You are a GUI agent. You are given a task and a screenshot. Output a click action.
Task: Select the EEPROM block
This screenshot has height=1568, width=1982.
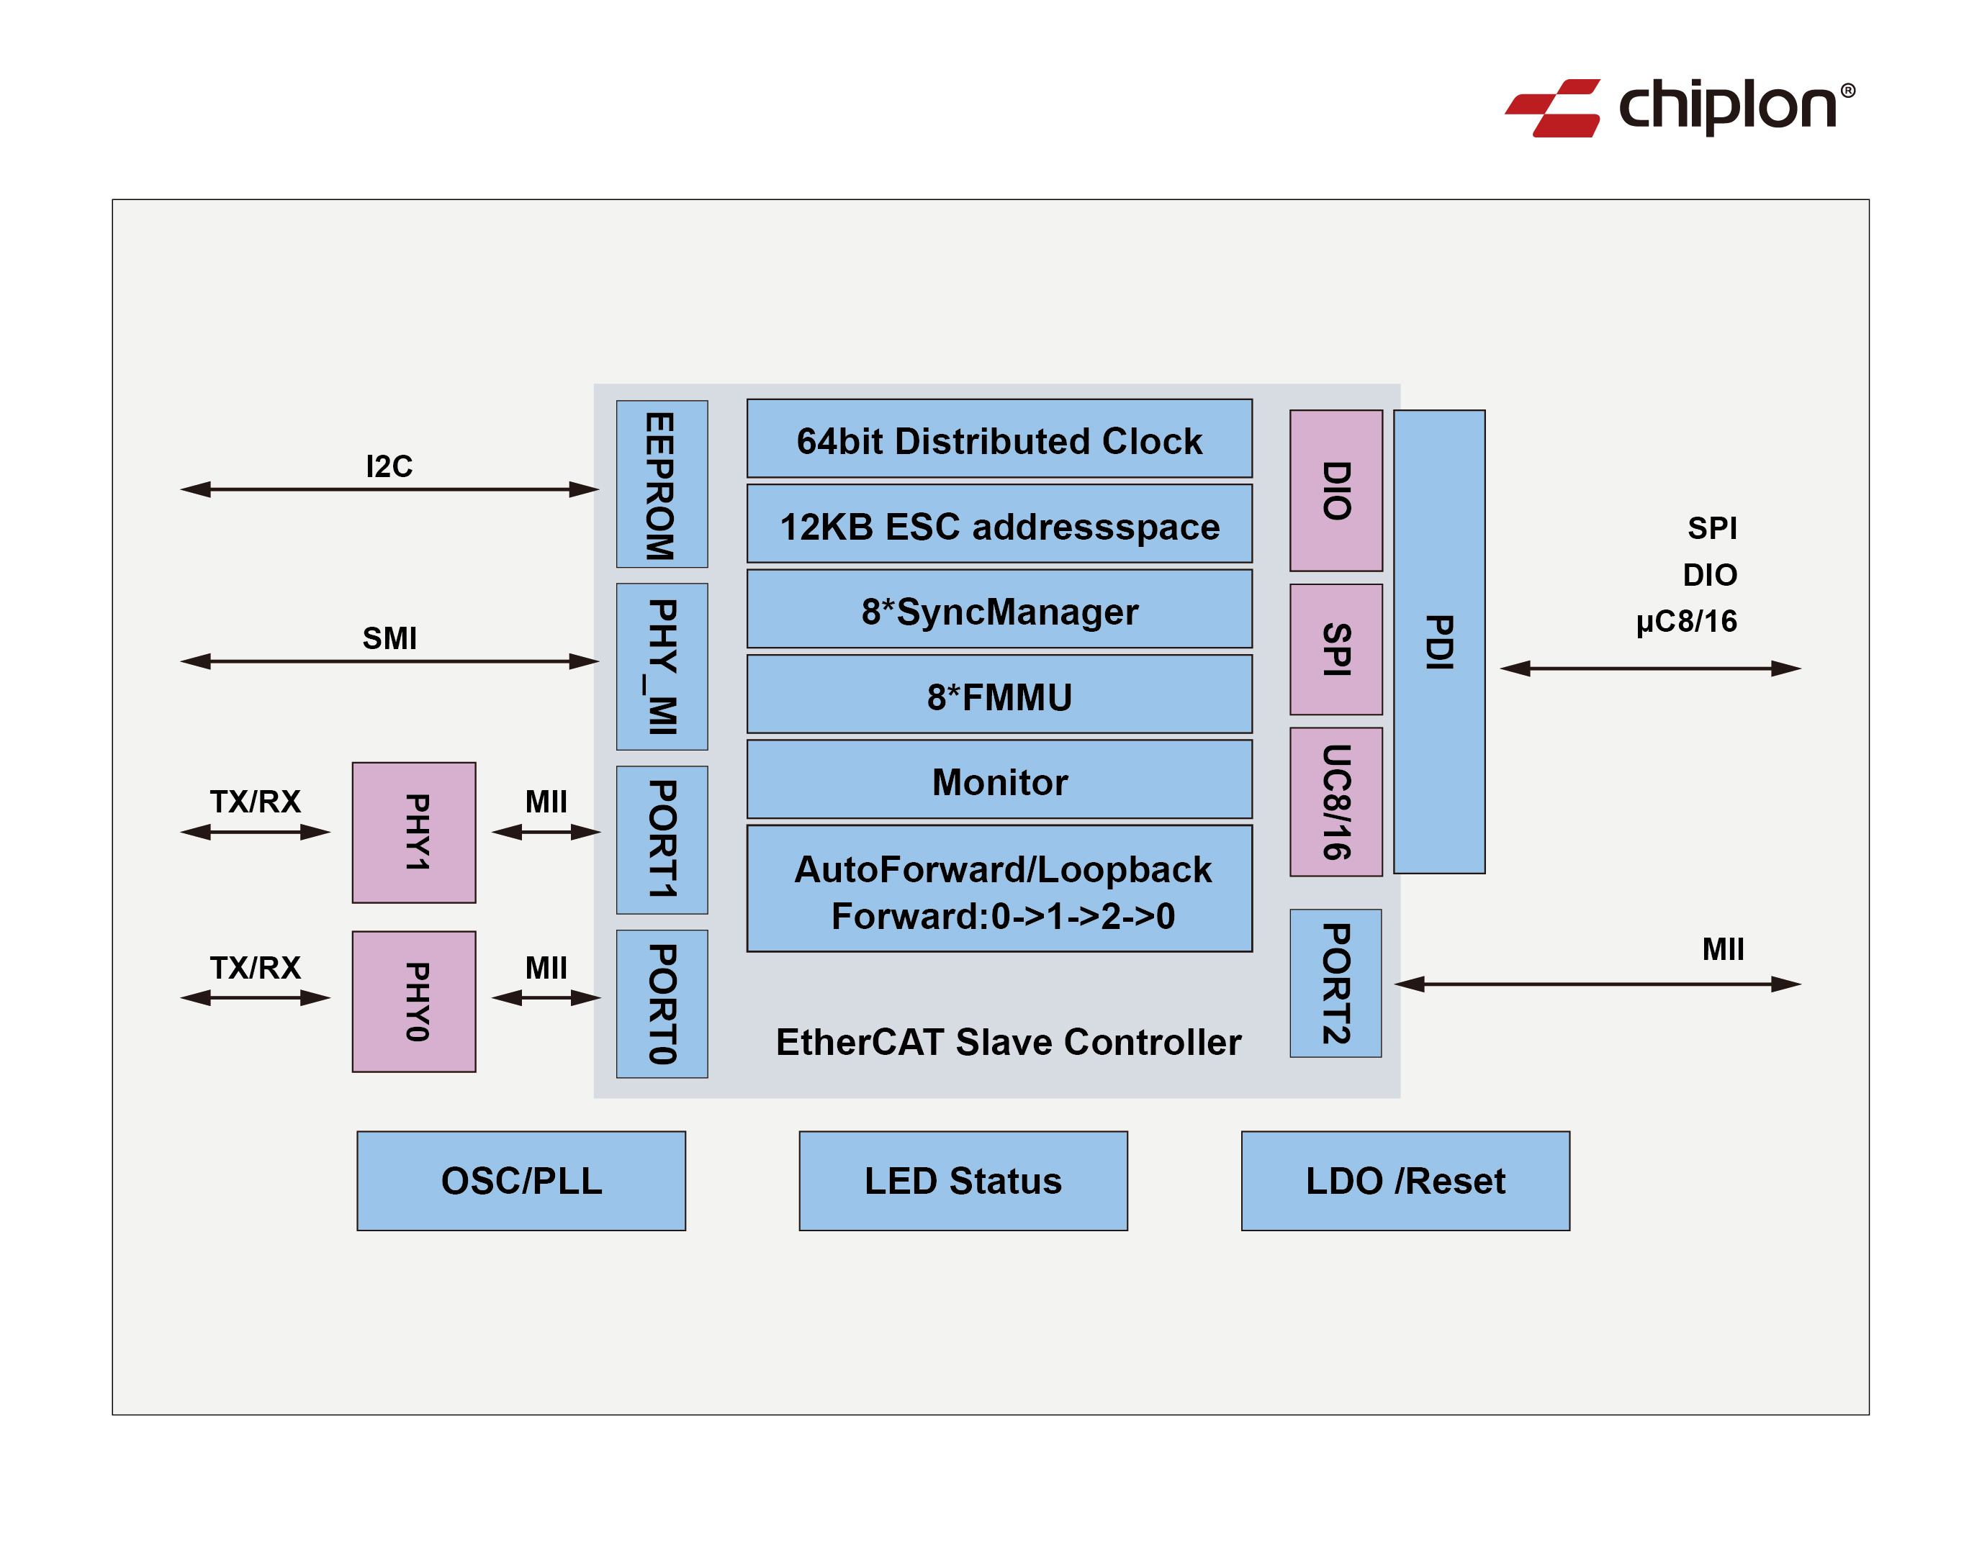(662, 484)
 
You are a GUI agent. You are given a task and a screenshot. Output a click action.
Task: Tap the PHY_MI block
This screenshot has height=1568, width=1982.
(662, 666)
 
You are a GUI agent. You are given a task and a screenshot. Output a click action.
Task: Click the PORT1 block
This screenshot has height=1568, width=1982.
(662, 839)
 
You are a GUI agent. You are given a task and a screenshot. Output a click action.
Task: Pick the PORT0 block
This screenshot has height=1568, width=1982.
(662, 1003)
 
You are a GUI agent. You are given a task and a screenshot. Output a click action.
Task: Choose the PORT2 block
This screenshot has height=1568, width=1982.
(1335, 983)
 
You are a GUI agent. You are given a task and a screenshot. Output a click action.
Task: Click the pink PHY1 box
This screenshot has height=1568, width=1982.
(413, 832)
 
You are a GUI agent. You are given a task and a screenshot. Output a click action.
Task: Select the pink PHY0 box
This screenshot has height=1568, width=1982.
(413, 1002)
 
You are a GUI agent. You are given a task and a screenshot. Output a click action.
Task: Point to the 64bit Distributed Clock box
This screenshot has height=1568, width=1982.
(999, 439)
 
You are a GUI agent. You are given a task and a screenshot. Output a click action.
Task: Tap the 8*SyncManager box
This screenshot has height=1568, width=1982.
(999, 609)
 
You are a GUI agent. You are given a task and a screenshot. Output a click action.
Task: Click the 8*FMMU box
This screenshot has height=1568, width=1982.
(999, 695)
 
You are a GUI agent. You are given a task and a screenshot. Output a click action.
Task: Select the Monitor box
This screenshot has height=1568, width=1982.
(999, 779)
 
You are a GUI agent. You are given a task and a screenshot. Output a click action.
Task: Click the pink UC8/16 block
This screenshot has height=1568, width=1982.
(1335, 802)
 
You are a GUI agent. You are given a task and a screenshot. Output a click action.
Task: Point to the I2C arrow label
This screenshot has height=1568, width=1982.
(389, 466)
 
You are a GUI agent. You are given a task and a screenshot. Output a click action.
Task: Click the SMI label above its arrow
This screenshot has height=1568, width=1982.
(389, 638)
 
